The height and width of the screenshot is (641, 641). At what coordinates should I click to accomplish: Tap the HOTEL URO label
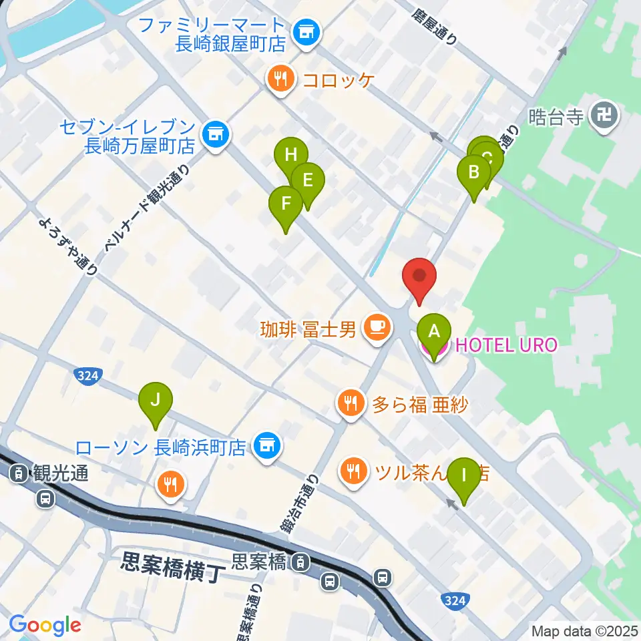(505, 345)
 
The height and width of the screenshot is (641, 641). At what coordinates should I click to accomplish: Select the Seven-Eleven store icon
(215, 134)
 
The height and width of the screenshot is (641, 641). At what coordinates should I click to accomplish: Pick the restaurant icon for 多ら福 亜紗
(351, 403)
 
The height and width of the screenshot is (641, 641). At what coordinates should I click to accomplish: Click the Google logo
(45, 625)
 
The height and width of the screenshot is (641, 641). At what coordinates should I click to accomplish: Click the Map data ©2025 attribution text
(585, 630)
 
